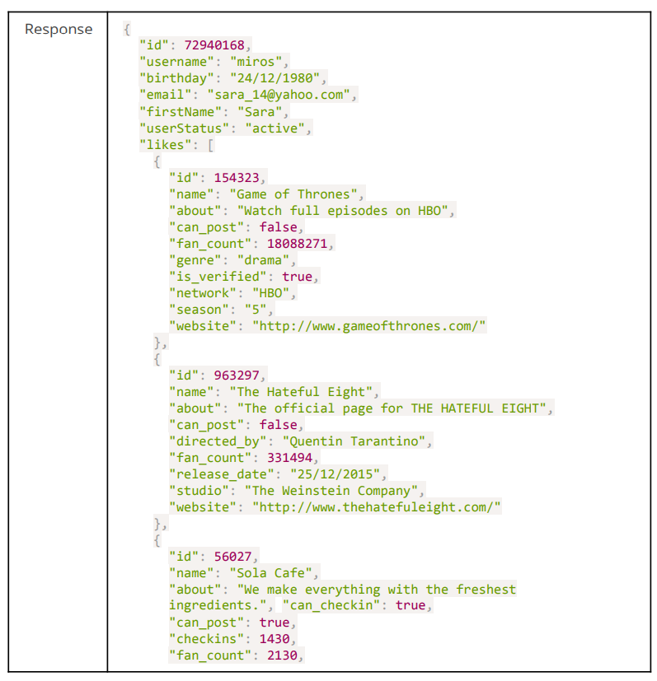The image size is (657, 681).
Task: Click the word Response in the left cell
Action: [59, 30]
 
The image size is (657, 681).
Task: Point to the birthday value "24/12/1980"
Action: [279, 78]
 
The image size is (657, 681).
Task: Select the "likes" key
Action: [165, 144]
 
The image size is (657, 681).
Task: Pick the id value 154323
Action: [240, 177]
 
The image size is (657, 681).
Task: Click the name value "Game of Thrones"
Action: [295, 194]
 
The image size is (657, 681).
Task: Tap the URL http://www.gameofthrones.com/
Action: [369, 325]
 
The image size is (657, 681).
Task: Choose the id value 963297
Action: [240, 375]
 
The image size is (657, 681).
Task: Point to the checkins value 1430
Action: [277, 638]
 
